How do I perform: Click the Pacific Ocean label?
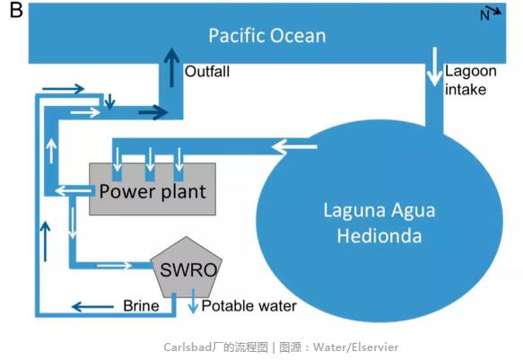(267, 36)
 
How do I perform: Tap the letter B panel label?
(16, 10)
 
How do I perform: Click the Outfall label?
(207, 72)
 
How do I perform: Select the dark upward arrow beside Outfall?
(171, 67)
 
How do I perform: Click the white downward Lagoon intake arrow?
(434, 66)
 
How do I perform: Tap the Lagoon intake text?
(471, 80)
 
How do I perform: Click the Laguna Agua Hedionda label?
(379, 223)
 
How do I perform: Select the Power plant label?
(153, 191)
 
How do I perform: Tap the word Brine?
(141, 305)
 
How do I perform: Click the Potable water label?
(248, 305)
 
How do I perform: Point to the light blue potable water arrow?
(193, 301)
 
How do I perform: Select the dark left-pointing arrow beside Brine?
(92, 306)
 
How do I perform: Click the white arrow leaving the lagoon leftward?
(294, 147)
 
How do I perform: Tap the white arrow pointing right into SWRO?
(114, 266)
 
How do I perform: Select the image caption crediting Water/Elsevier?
(281, 347)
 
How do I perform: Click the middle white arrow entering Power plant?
(150, 159)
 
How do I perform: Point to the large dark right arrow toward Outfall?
(153, 112)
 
